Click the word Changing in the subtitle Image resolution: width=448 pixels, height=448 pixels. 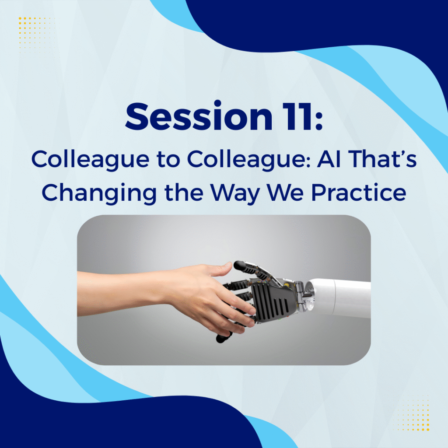pos(99,193)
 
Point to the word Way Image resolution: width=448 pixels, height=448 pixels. pos(235,193)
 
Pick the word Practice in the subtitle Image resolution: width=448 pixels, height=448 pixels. pos(359,192)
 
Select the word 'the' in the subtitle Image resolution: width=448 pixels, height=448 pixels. pos(184,192)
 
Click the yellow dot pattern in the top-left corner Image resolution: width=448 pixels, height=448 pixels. pos(35,33)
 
